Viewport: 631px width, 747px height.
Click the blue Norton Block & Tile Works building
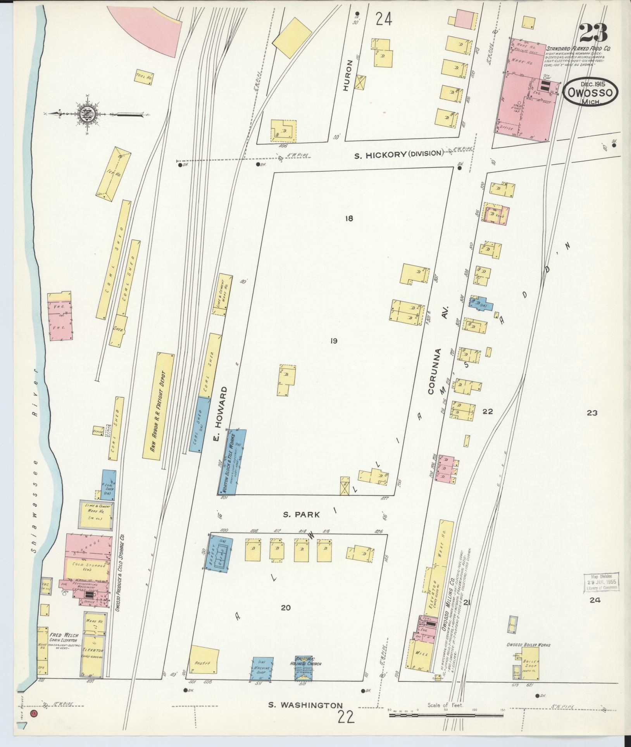point(231,462)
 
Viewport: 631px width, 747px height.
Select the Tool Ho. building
point(144,77)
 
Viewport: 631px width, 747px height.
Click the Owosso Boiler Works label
point(528,645)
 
